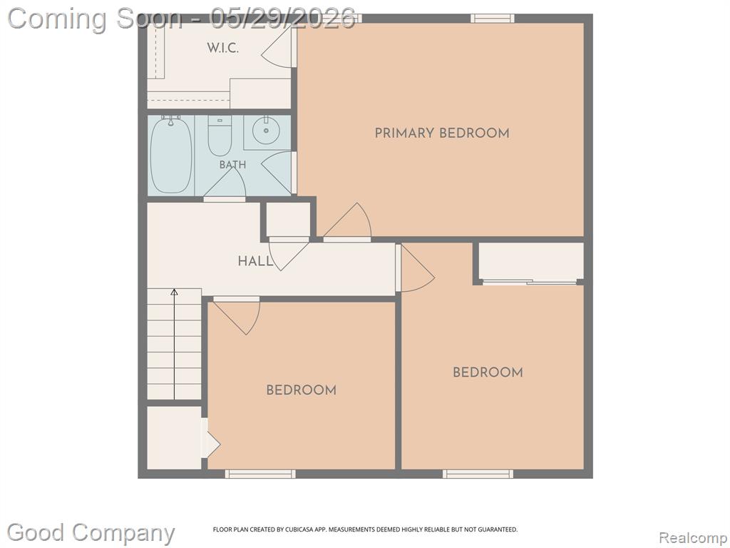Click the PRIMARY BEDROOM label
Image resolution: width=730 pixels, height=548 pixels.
pos(442,133)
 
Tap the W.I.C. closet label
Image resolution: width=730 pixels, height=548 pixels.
pos(222,48)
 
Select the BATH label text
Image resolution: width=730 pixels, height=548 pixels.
pos(233,165)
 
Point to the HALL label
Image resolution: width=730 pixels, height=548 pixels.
pos(256,261)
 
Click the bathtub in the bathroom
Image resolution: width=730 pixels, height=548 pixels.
pos(171,155)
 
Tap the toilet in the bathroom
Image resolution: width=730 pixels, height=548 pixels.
pos(220,136)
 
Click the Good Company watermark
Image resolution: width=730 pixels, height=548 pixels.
pos(91,532)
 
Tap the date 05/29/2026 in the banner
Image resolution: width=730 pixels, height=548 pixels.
pos(282,19)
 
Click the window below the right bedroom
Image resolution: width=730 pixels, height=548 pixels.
pos(478,474)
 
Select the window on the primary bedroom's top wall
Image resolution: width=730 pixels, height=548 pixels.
pos(492,18)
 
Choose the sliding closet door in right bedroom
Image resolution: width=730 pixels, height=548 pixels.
pos(530,282)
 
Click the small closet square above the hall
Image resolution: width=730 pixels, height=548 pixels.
pos(288,220)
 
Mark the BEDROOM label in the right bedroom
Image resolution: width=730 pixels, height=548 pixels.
pos(488,372)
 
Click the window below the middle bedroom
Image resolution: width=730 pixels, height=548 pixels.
pos(260,474)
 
